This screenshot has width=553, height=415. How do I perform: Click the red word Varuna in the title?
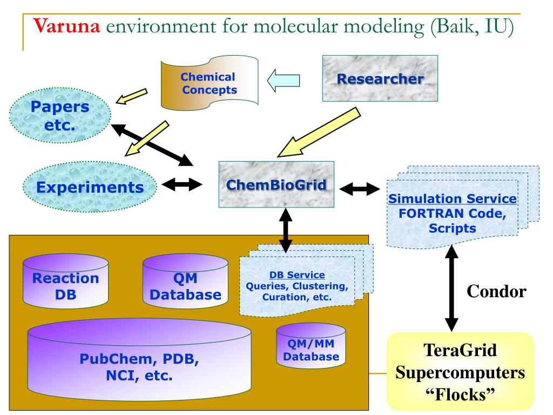coord(66,26)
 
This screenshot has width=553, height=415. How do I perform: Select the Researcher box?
coord(380,78)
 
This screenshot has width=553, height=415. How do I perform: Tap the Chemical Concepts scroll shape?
coord(210,83)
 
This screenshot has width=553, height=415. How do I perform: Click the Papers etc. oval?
coord(60,116)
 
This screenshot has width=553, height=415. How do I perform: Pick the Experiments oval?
coord(90,187)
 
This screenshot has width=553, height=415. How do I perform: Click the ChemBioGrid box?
coord(276,184)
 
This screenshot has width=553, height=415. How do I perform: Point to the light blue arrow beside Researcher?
coord(283,81)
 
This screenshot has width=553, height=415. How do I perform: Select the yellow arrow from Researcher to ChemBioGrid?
coord(319,132)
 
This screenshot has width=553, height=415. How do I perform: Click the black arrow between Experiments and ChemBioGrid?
coord(182,184)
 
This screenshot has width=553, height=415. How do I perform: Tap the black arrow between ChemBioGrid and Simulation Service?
coord(360,189)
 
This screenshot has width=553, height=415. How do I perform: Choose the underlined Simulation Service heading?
coord(453,199)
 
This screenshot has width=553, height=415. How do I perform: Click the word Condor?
coord(497,291)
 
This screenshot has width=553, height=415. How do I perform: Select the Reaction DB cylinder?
coord(65,281)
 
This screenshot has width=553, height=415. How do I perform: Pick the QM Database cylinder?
coord(186,281)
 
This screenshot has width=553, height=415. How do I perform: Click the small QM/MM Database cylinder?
coord(311,346)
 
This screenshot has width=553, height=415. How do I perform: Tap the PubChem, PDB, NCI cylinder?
coord(139,360)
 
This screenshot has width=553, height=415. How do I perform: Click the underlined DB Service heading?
coord(297,275)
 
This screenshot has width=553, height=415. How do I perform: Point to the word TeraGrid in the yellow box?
coord(460,350)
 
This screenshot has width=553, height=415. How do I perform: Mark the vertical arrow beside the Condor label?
coord(451,288)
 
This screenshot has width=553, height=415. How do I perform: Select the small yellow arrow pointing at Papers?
coord(132,96)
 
